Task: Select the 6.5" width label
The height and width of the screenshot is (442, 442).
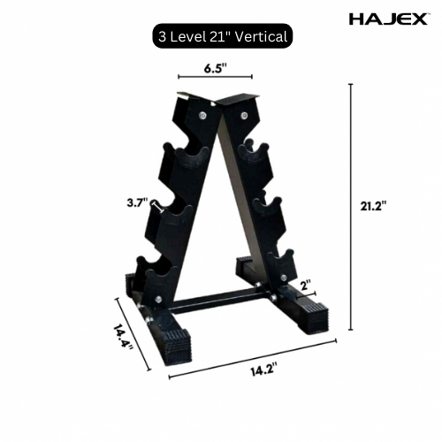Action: [x=215, y=66]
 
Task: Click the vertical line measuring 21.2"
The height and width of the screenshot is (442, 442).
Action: [x=351, y=207]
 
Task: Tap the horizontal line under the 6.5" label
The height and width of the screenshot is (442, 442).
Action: [x=215, y=78]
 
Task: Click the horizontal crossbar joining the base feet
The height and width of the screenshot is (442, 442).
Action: [x=221, y=303]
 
